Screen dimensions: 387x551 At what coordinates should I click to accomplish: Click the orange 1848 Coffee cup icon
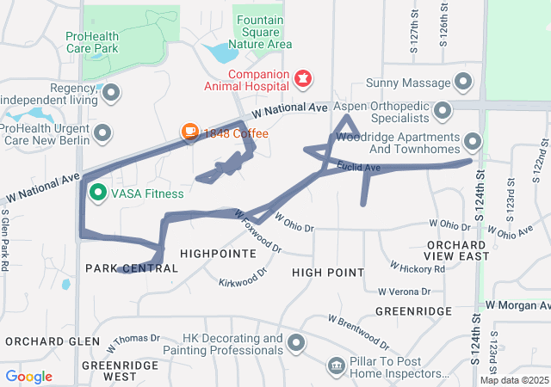coord(189,132)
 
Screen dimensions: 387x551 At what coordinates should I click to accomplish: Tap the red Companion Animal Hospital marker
coord(301,79)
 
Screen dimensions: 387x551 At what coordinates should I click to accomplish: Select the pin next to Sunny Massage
coord(463,83)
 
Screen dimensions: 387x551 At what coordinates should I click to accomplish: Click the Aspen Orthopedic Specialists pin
coord(443,110)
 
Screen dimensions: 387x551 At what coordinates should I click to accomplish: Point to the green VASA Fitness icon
coord(97,192)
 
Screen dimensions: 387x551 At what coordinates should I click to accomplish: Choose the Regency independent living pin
coord(111,91)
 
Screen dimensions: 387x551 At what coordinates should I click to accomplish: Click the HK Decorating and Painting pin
coord(297,344)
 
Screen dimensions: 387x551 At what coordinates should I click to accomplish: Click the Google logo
coord(28,377)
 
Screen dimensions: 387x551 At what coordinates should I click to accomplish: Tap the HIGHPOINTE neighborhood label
coord(218,255)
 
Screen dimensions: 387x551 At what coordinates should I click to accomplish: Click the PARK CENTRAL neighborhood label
coord(132,268)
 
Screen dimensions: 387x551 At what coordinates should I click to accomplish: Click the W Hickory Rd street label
coord(417,268)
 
